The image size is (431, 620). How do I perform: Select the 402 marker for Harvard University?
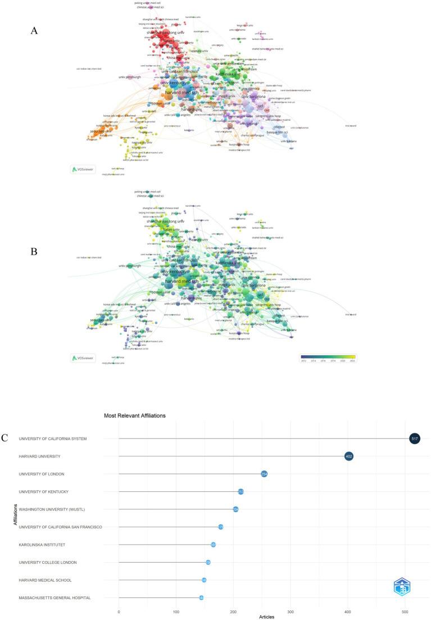point(349,456)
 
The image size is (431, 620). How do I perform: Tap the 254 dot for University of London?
point(264,474)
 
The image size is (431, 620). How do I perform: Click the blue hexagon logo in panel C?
point(401,586)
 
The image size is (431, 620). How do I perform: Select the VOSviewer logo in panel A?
point(83,169)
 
